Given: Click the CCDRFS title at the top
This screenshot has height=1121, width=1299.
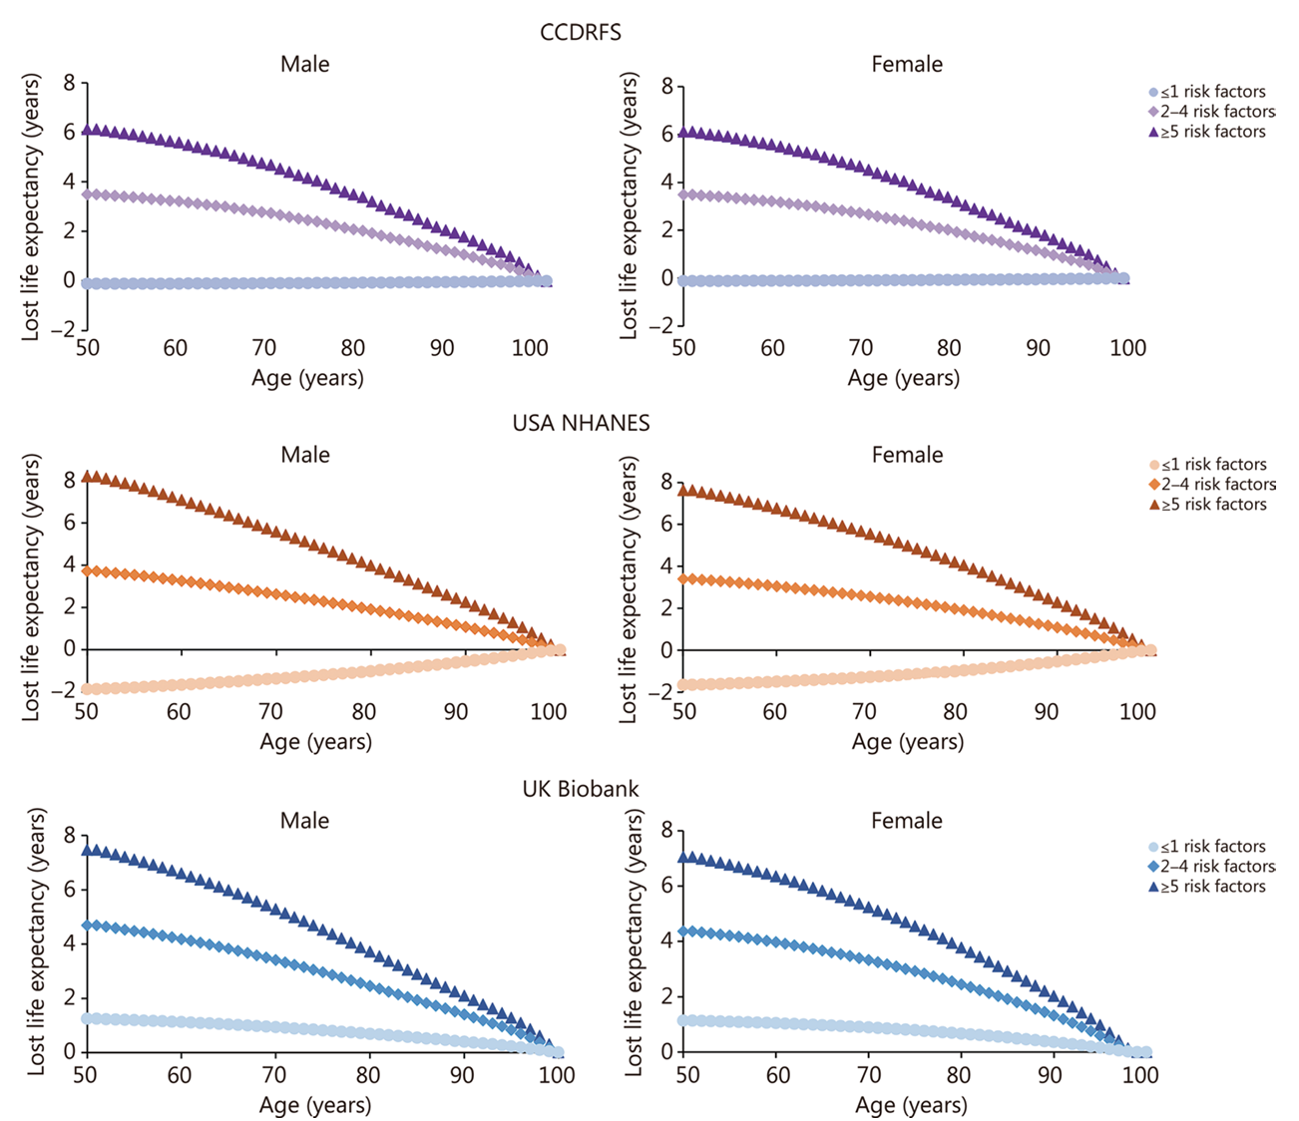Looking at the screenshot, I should pos(580,32).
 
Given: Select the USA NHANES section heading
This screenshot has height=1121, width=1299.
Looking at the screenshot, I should pos(581,423).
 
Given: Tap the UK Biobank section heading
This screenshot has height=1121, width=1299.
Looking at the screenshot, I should pos(581,789).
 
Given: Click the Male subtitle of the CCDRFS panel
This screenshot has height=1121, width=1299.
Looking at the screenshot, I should pos(304,64).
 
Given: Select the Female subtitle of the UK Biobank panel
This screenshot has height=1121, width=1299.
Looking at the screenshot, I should pos(906,821).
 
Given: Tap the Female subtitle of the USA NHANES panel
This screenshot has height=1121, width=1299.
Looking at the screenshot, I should pos(907,455).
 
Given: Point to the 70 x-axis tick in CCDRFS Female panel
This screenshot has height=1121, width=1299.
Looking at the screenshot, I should pos(860,348).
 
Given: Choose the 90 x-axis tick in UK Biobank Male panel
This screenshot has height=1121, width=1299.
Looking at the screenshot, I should pos(462,1076).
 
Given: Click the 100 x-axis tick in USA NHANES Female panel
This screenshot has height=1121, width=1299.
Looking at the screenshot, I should pos(1137,712).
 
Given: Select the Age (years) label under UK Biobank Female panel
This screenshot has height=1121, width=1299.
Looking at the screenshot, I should pos(910,1105).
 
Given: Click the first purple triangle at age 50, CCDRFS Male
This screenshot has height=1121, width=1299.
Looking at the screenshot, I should pos(88,130).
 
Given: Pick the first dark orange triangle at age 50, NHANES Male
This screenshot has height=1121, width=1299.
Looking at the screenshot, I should pos(87,477).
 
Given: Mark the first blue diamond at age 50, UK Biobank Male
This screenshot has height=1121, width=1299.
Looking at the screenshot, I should pos(88,926).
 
